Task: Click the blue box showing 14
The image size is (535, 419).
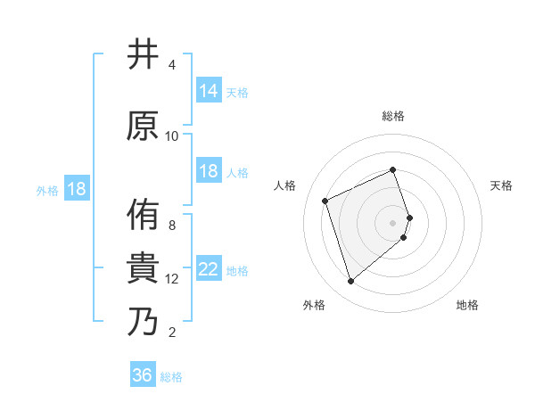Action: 209,91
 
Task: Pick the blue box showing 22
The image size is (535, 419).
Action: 209,269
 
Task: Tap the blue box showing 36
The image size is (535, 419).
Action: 143,375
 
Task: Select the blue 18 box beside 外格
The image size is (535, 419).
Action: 76,189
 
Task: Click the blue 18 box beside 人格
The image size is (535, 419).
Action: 209,171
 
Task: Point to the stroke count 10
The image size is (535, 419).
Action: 172,136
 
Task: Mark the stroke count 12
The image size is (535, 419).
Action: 172,279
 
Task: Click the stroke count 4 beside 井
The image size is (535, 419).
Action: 172,65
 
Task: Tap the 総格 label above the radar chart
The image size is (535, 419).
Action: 393,116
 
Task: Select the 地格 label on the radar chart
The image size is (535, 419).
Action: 467,305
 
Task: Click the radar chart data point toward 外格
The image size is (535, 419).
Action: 350,282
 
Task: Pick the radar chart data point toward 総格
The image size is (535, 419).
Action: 393,170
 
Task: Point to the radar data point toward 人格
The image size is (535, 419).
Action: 325,200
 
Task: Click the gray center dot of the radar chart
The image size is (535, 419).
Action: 393,222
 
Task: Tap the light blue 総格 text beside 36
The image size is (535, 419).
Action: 171,377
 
